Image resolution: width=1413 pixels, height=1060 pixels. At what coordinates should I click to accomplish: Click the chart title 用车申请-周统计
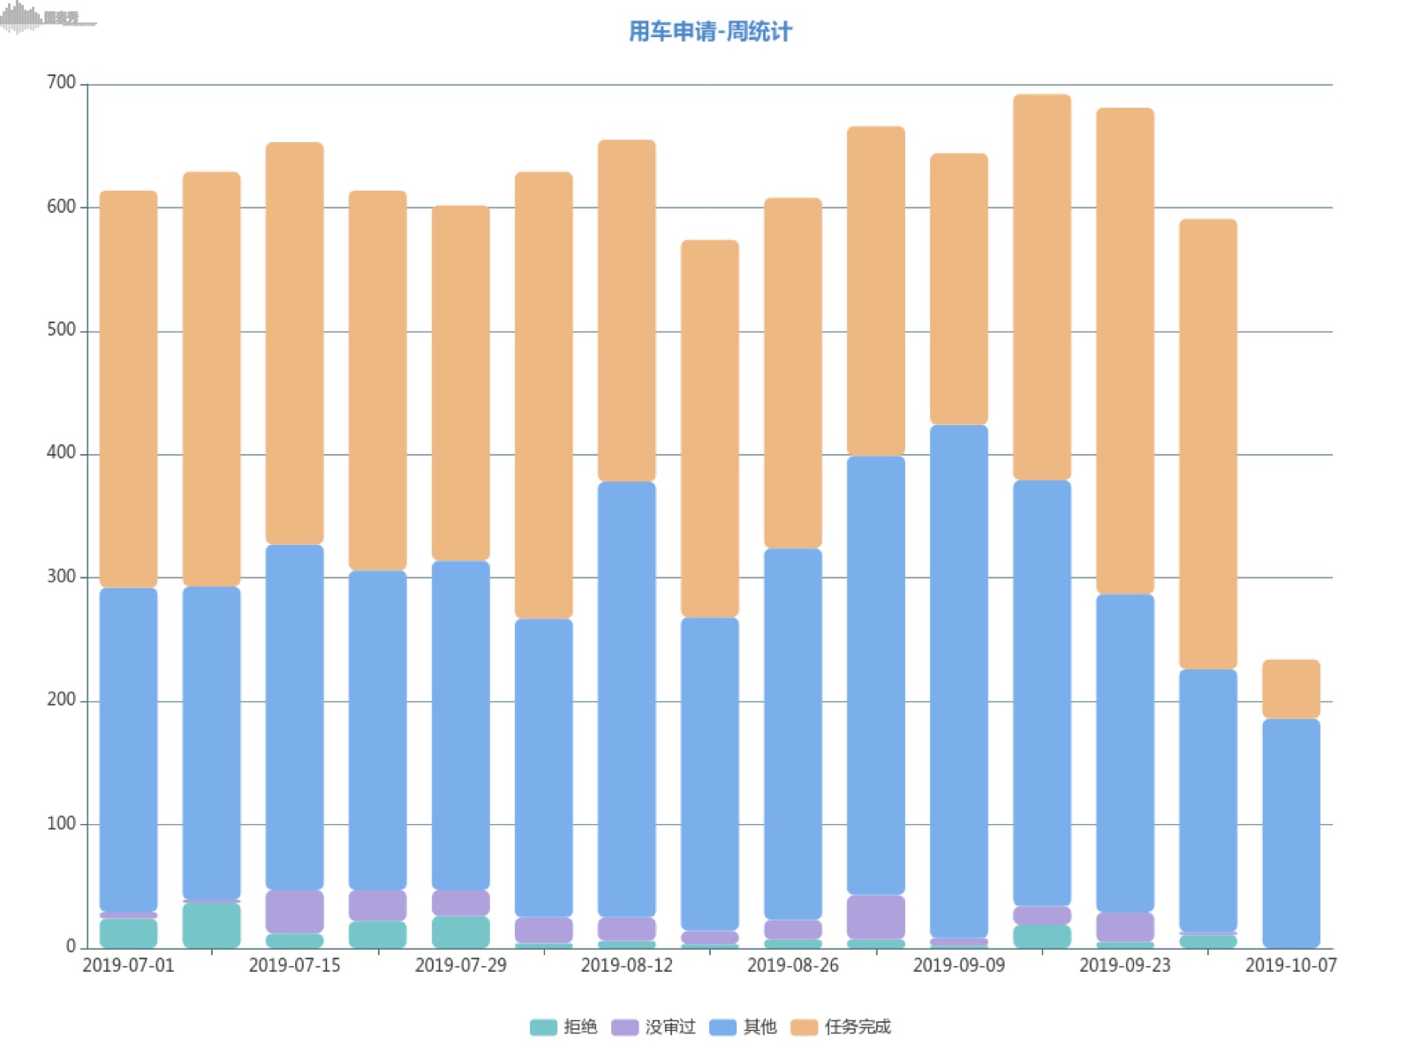coord(710,32)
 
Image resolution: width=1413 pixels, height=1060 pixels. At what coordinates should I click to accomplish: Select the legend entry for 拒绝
coord(565,1026)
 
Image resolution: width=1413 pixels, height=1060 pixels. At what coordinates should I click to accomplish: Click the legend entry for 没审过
coord(654,1026)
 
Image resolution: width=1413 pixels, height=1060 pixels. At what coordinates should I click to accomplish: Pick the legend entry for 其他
coord(744,1026)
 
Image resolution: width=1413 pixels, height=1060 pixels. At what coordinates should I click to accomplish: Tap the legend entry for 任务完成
coord(842,1026)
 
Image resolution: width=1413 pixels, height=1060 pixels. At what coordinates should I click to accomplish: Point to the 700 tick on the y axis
coord(61,83)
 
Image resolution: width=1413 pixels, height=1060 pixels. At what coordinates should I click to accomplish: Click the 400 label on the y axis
coord(61,453)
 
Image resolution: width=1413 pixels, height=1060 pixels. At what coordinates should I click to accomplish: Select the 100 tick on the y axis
coord(61,823)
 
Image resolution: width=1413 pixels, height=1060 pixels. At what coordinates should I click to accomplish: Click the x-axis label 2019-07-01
coord(128,965)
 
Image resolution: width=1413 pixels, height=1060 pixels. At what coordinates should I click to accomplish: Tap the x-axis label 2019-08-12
coord(626,965)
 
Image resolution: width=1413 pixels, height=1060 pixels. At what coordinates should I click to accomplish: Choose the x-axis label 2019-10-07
coord(1290,965)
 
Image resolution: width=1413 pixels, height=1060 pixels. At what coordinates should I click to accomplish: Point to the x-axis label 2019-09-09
coord(958,965)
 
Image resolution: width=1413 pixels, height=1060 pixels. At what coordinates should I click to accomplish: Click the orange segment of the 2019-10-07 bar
coord(1290,689)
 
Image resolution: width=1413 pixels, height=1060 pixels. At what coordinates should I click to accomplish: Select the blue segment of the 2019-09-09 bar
coord(958,680)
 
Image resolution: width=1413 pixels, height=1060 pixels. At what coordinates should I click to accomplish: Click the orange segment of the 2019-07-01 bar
coord(128,389)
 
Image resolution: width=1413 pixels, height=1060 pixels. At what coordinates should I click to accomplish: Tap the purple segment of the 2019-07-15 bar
coord(294,911)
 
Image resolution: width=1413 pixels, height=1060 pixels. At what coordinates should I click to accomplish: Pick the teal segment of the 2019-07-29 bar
coord(460,931)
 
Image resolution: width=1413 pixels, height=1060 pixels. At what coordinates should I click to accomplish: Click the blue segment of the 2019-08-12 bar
coord(626,698)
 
